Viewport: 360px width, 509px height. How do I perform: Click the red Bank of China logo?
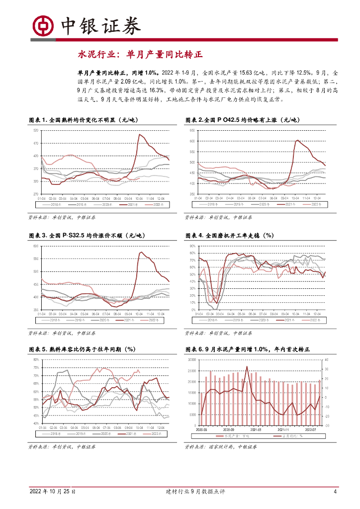point(43,25)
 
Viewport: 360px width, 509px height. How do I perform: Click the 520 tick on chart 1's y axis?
point(35,130)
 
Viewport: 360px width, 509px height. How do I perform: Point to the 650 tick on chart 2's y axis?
point(191,130)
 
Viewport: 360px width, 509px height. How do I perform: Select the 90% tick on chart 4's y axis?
point(191,246)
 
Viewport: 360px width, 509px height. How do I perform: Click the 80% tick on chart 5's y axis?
point(36,360)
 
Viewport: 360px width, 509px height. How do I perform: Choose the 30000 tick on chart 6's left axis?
point(189,360)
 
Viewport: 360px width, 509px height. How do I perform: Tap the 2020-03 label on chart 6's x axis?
point(202,430)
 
